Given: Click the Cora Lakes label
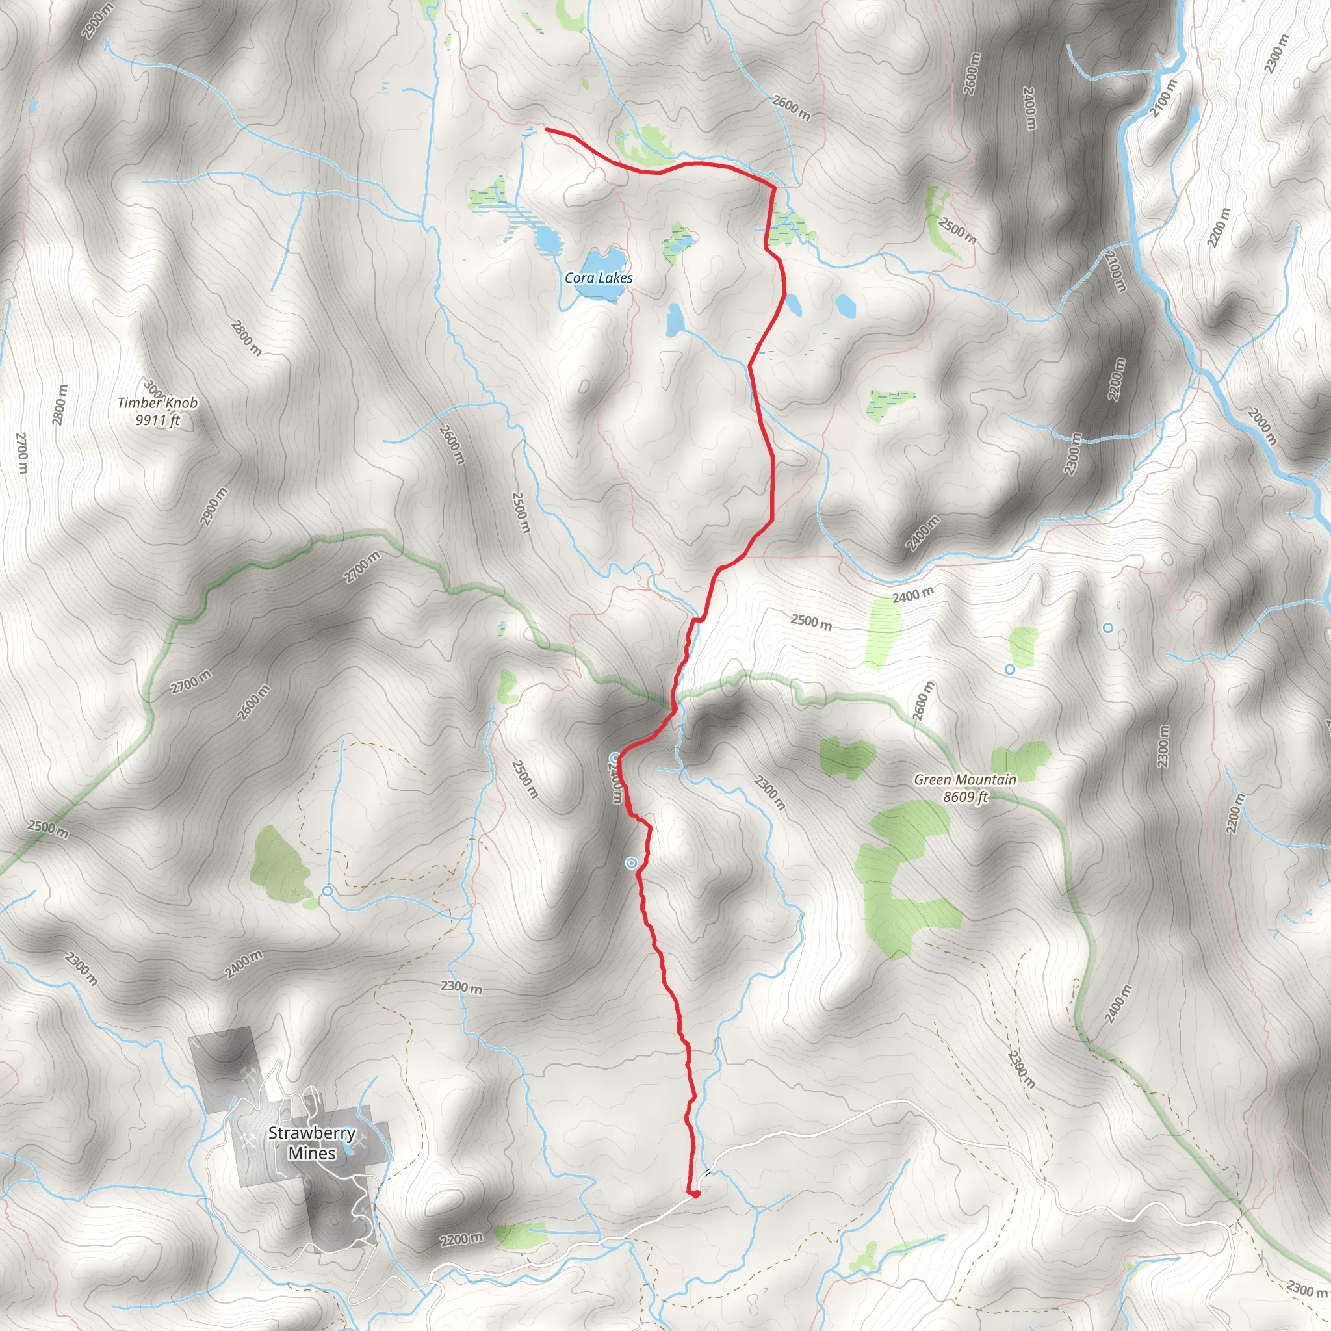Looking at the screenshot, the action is [x=598, y=278].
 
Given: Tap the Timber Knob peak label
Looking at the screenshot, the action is [x=158, y=403].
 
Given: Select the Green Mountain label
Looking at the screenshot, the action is [x=964, y=780].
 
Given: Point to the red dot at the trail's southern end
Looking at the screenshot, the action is [x=696, y=1194].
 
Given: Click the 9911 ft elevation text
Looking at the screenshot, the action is [x=158, y=420].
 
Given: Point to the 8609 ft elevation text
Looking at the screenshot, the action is [x=964, y=797].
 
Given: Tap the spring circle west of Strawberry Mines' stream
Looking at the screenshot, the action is [x=328, y=891].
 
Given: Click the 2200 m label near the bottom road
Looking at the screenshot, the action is [x=461, y=1239].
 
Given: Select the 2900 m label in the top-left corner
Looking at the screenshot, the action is [x=96, y=21].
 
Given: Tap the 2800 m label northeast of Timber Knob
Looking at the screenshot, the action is [x=246, y=337].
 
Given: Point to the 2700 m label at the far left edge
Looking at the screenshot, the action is [x=21, y=452].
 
